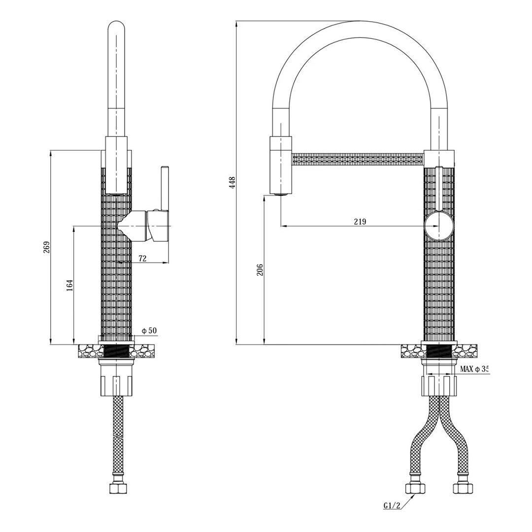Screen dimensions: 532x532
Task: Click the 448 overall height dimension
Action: pyautogui.click(x=233, y=183)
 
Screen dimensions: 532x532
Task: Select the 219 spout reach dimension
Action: pyautogui.click(x=360, y=222)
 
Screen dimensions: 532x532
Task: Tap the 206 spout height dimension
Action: pyautogui.click(x=260, y=269)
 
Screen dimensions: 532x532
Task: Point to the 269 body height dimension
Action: pyautogui.click(x=46, y=247)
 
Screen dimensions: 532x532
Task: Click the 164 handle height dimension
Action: pyautogui.click(x=69, y=285)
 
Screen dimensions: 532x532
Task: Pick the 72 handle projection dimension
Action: pyautogui.click(x=142, y=259)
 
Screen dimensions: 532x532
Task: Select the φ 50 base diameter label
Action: pyautogui.click(x=149, y=331)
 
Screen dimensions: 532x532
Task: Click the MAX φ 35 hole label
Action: pyautogui.click(x=474, y=369)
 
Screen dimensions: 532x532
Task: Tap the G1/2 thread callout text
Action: pyautogui.click(x=393, y=515)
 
